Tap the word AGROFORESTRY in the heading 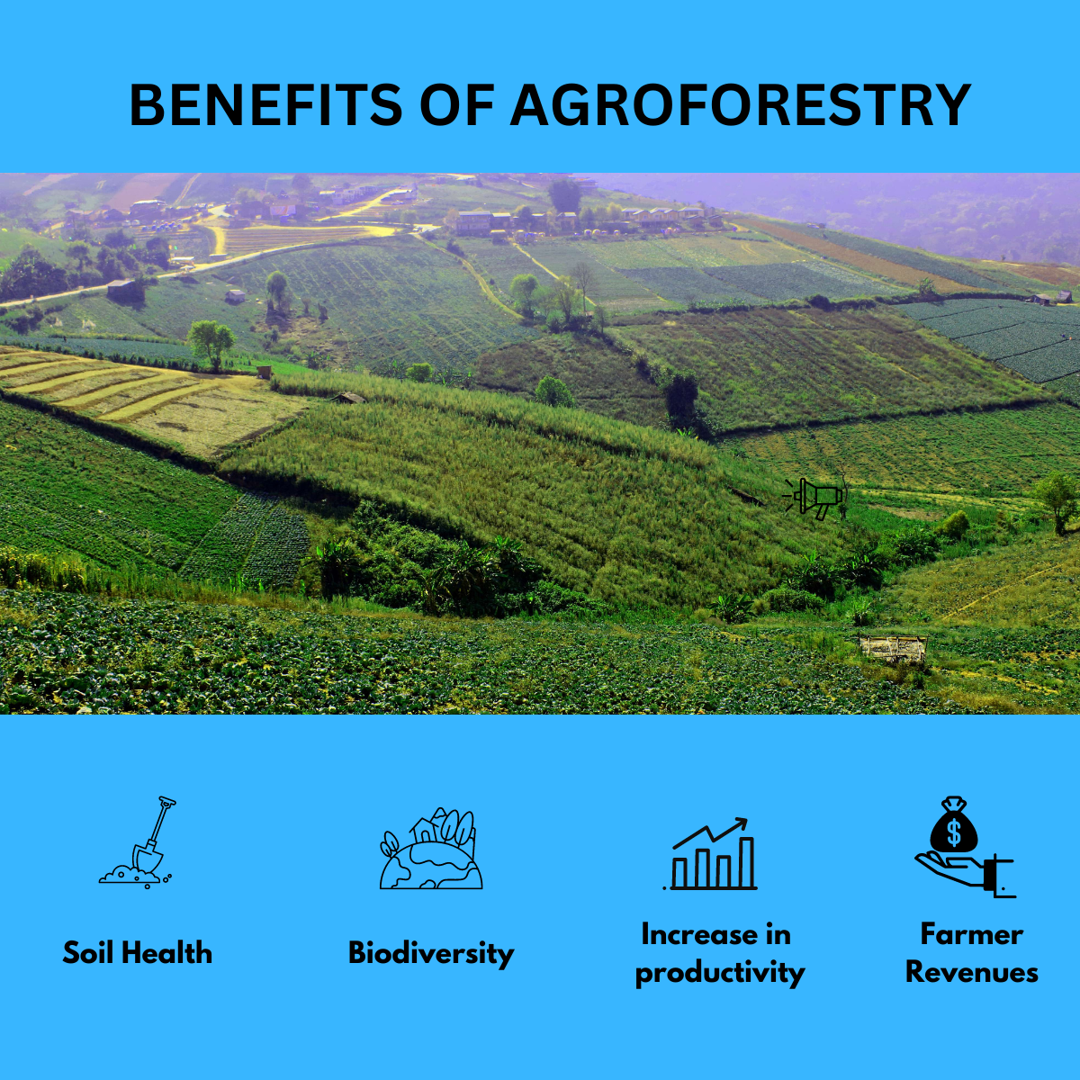[740, 105]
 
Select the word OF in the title [457, 105]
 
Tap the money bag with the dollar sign [954, 826]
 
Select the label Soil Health [138, 952]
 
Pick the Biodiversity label [431, 952]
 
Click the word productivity [719, 972]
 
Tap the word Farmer [971, 934]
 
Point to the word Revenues [971, 972]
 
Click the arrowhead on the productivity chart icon [741, 823]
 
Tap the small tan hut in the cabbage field [891, 648]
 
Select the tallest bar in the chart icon [746, 862]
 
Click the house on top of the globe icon [422, 830]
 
